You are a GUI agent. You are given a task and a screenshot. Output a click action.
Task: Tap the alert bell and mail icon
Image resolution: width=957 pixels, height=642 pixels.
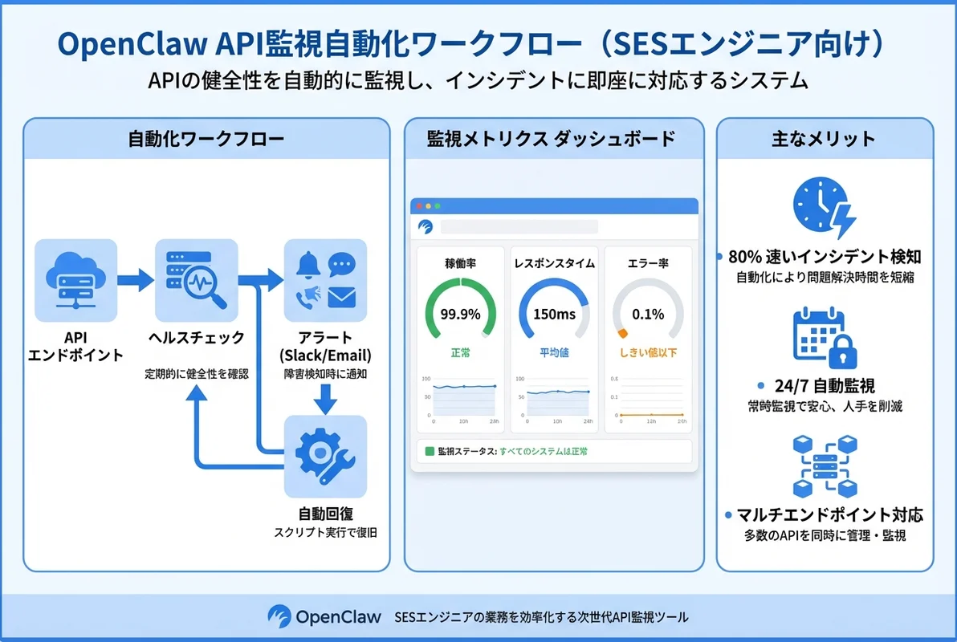coord(325,280)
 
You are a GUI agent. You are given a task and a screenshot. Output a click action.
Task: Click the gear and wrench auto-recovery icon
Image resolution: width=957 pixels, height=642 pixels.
coord(325,456)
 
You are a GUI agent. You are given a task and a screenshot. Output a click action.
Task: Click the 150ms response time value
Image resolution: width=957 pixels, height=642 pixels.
coord(554,314)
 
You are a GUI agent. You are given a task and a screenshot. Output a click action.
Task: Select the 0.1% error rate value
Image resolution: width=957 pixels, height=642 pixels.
coord(648,314)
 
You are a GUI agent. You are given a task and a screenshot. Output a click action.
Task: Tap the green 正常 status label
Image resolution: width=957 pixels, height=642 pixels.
coord(459,352)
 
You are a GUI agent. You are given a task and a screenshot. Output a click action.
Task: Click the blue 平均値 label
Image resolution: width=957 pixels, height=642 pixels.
coord(554,352)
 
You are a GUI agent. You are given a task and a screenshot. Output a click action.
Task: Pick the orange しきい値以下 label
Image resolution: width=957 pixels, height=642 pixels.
coord(648,352)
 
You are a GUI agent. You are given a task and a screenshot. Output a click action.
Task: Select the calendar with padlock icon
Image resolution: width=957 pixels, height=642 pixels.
coord(824,336)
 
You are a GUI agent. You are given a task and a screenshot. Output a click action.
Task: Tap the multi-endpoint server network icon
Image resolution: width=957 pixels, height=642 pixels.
coord(824,467)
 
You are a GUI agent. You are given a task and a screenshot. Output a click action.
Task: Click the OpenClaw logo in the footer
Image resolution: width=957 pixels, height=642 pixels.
coord(279,616)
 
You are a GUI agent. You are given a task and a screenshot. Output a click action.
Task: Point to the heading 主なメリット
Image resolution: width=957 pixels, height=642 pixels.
coord(824,139)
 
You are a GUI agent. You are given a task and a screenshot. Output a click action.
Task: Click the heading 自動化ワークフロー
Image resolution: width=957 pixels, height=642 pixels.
coord(206,139)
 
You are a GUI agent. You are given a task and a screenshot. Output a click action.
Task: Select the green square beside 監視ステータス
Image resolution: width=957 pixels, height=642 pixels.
coord(430,451)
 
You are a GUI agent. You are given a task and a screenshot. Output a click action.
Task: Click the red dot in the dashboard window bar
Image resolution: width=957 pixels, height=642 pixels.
coord(418,206)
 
